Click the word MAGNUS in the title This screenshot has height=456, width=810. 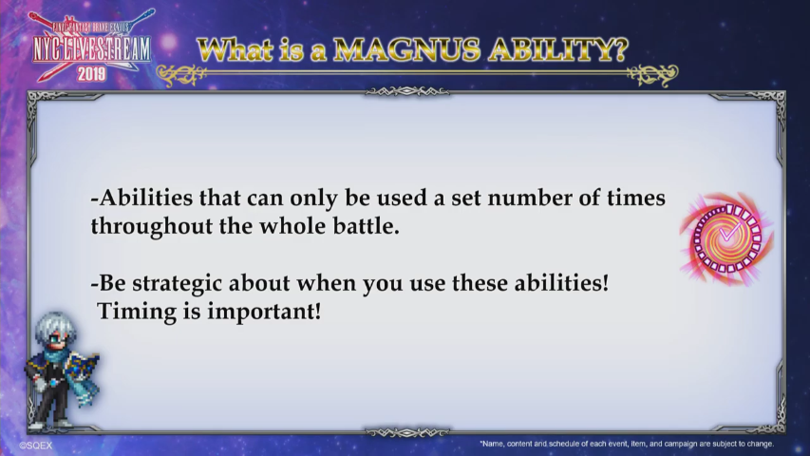click(x=406, y=50)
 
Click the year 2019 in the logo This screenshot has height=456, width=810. click(x=91, y=74)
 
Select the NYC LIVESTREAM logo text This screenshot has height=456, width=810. click(x=91, y=49)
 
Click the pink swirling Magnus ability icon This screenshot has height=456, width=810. click(x=726, y=238)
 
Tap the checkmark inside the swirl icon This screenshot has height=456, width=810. click(x=729, y=234)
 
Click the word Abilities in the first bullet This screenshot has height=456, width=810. click(x=145, y=198)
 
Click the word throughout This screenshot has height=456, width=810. click(x=152, y=227)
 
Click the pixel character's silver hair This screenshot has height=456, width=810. click(x=55, y=326)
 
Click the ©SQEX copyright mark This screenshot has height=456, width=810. click(x=36, y=446)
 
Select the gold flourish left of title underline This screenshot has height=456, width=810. click(x=180, y=74)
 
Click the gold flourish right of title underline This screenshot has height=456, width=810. click(x=652, y=74)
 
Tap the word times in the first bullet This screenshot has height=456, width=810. click(x=636, y=198)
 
